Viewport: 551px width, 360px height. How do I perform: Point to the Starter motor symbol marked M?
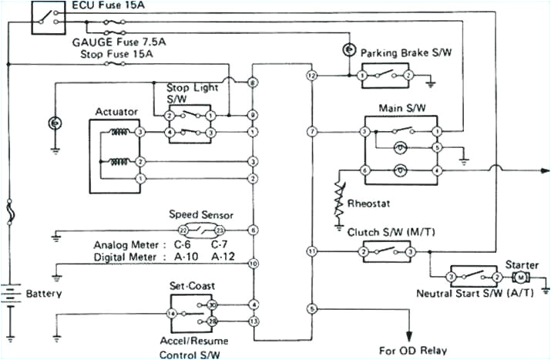click(521, 277)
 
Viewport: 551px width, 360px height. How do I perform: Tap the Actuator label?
click(116, 112)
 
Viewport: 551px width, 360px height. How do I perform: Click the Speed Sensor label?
click(201, 215)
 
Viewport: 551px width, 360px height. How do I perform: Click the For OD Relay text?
click(414, 350)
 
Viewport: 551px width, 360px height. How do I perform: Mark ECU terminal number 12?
click(311, 76)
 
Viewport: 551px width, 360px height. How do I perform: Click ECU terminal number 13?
click(253, 320)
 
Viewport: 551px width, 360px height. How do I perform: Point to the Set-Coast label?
click(192, 284)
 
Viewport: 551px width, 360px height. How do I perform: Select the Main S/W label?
click(398, 109)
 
